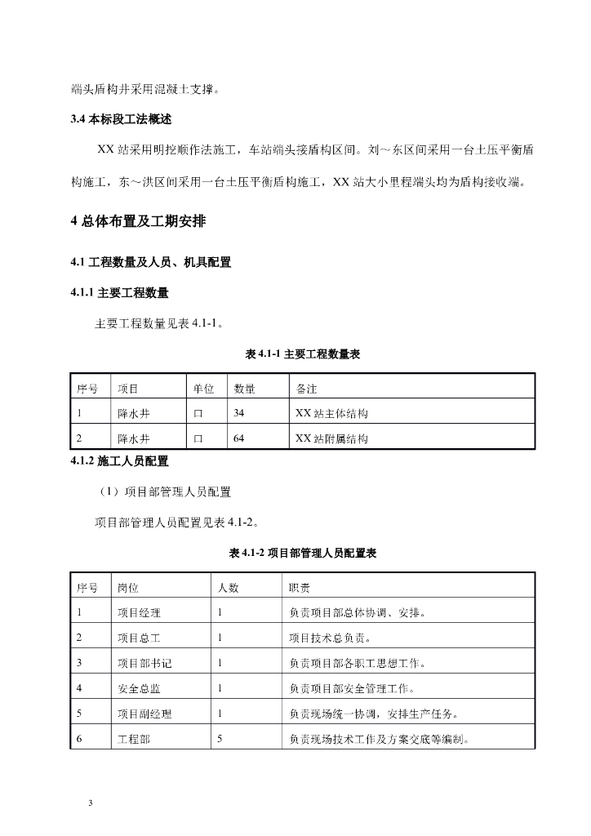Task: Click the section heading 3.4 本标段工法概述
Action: coord(122,119)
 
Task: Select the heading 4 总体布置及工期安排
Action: coord(145,221)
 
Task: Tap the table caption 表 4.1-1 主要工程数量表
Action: coord(303,354)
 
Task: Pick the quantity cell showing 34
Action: coord(238,414)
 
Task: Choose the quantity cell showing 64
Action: coord(238,438)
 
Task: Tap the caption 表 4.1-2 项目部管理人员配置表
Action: coord(303,554)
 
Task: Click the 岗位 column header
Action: coord(128,588)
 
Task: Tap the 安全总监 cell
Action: coord(139,688)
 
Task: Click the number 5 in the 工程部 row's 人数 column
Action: coord(220,740)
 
